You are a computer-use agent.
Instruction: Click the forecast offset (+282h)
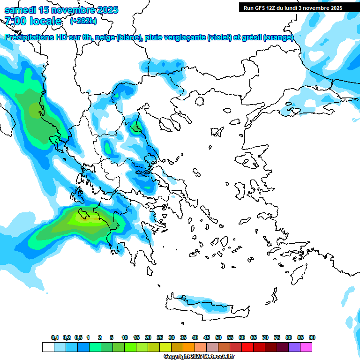point(83,21)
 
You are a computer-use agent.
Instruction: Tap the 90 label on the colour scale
point(312,337)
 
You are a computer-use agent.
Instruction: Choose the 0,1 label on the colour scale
point(55,337)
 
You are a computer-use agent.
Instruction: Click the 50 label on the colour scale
point(218,337)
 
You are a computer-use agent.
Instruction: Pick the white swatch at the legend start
point(48,347)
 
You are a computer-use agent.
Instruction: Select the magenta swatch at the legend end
point(307,347)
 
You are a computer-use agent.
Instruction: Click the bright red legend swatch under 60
point(247,347)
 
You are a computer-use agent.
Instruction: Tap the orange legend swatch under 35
point(189,347)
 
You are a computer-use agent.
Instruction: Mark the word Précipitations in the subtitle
point(28,37)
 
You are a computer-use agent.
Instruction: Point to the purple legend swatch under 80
point(294,347)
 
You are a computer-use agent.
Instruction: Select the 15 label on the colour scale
point(136,337)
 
